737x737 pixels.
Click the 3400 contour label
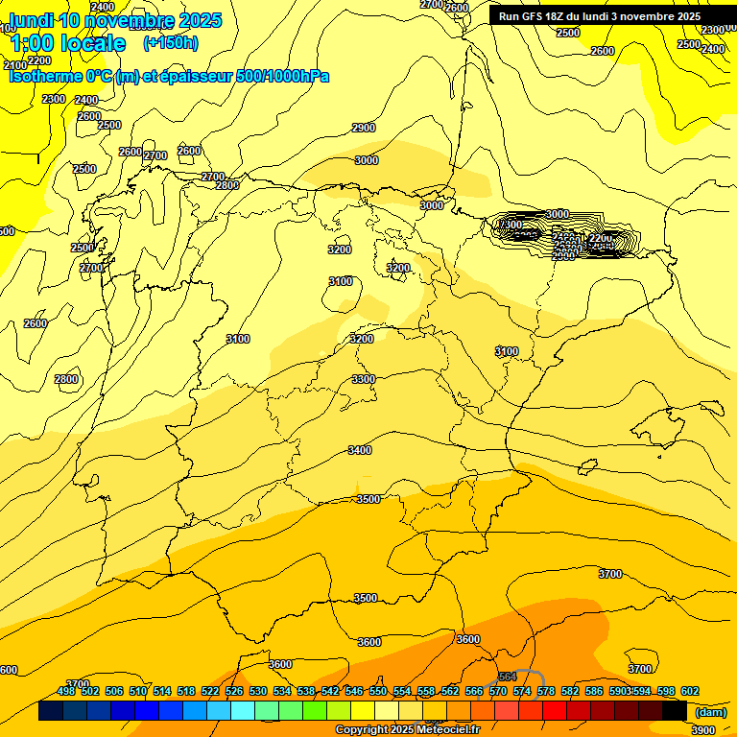point(360,450)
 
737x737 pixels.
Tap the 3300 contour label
point(364,380)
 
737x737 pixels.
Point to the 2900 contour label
point(364,128)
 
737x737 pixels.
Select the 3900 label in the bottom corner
point(702,730)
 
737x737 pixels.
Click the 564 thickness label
point(509,678)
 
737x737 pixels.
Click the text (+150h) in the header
point(170,43)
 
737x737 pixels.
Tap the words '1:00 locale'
point(68,43)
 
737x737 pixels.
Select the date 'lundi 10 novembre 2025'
point(115,20)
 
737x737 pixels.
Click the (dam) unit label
point(711,712)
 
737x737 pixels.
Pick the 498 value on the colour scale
point(66,691)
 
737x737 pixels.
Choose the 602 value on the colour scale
point(690,691)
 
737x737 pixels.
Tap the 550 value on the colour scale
point(378,691)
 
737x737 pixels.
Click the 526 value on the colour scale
point(234,691)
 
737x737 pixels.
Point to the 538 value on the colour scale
point(306,691)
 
